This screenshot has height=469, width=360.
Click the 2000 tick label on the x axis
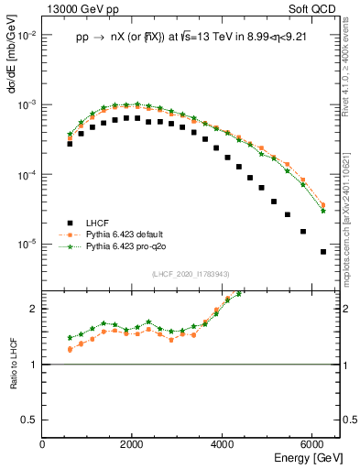click(x=133, y=444)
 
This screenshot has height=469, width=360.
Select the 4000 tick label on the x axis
click(x=224, y=444)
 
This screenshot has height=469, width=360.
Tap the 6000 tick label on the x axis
click(x=313, y=444)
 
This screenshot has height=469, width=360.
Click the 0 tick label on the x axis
click(x=43, y=444)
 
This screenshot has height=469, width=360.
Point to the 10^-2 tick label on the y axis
click(x=27, y=35)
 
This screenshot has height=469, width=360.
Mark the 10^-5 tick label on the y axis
click(x=27, y=245)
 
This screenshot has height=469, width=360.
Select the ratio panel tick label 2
click(x=35, y=309)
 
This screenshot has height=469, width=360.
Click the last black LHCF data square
click(x=323, y=252)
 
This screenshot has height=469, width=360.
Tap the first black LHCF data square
click(x=70, y=144)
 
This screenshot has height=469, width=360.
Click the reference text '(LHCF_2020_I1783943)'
click(x=191, y=275)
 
